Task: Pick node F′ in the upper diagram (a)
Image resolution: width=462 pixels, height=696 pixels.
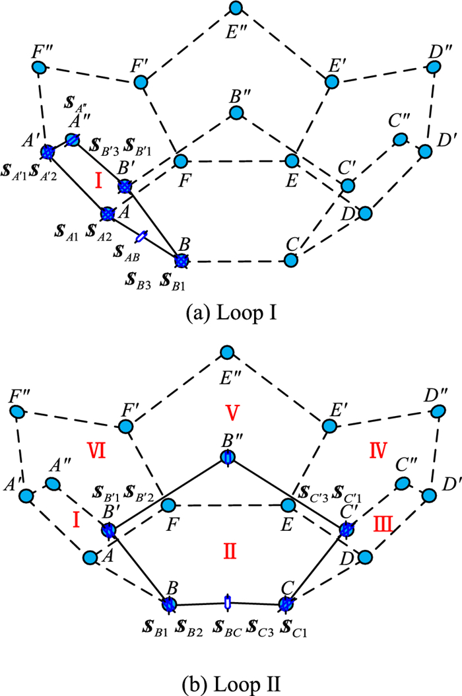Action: click(x=141, y=82)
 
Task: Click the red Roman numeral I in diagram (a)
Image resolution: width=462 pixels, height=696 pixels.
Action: click(x=98, y=180)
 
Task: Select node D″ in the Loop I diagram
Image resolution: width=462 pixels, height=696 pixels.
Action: click(x=434, y=67)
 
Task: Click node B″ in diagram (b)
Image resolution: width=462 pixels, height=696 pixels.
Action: click(x=228, y=458)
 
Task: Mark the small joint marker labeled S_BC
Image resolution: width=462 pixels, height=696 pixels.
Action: click(x=228, y=602)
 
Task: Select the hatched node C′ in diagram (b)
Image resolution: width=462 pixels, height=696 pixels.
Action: click(x=346, y=530)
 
